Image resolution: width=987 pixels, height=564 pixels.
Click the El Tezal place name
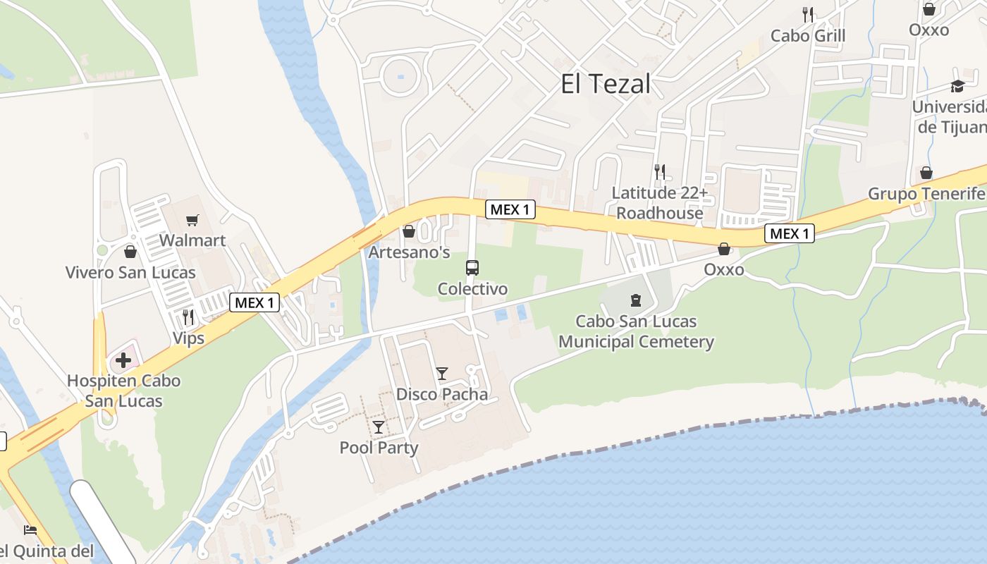coord(606,84)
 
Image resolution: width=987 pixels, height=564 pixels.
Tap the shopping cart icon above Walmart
coord(192,220)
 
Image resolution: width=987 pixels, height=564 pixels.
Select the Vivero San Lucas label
coord(130,272)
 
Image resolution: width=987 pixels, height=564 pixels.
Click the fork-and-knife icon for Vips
coord(188,317)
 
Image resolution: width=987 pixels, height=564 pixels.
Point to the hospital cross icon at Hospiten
coord(123,360)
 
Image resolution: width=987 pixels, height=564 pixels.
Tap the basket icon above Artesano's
coord(409,231)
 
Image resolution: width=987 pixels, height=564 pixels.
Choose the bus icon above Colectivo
coord(472,268)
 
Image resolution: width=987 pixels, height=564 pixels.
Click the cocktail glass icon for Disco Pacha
coord(442,373)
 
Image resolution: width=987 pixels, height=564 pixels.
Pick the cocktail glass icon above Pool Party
coord(379,427)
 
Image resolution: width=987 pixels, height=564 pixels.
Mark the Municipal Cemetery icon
coord(636,300)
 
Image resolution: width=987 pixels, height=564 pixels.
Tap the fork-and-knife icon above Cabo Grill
coord(808,14)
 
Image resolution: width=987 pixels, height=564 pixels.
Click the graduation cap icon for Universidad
coord(957,86)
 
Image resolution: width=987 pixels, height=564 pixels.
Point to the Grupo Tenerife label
coord(926,194)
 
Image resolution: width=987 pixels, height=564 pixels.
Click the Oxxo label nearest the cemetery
coord(724,269)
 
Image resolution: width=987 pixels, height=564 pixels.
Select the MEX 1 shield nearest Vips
coord(255,302)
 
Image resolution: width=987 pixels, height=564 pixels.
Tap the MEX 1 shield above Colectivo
coord(510,209)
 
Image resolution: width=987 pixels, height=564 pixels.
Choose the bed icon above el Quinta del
coord(30,529)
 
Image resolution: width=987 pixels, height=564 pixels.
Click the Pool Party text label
coord(379,448)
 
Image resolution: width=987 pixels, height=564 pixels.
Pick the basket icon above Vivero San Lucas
coord(130,252)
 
